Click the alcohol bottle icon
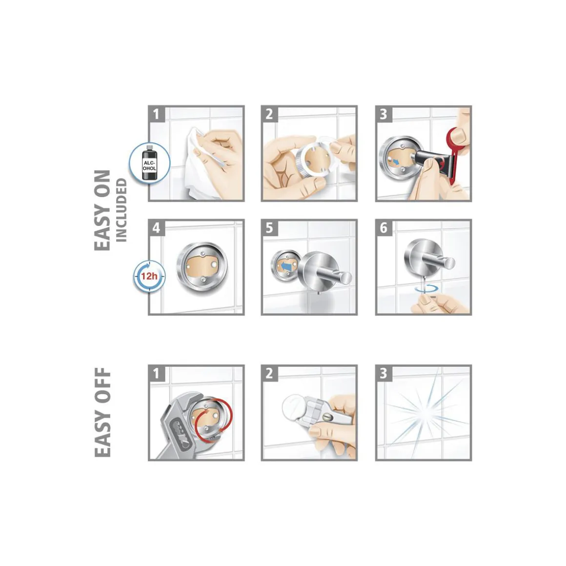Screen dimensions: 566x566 click(x=149, y=162)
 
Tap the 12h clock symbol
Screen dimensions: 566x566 click(x=149, y=277)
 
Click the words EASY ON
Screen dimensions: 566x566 click(x=102, y=210)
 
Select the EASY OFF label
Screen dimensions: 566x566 click(x=102, y=412)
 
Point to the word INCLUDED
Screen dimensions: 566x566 click(x=121, y=210)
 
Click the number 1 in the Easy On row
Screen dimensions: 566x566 click(x=156, y=114)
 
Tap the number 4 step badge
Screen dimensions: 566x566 click(x=156, y=228)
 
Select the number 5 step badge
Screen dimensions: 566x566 click(x=269, y=228)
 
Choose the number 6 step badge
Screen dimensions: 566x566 click(x=384, y=228)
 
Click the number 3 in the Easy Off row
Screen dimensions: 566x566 click(x=384, y=373)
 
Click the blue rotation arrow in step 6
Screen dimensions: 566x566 click(x=426, y=289)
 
